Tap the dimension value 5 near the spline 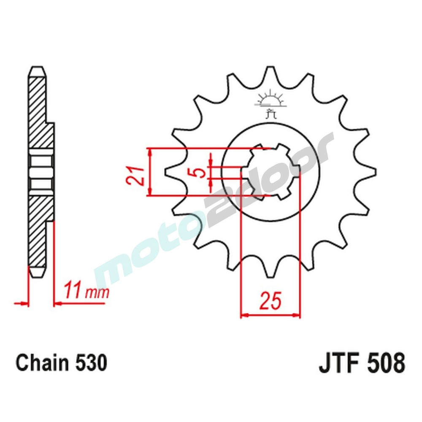201,172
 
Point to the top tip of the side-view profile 37,70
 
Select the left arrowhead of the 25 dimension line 244,315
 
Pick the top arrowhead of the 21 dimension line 149,151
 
